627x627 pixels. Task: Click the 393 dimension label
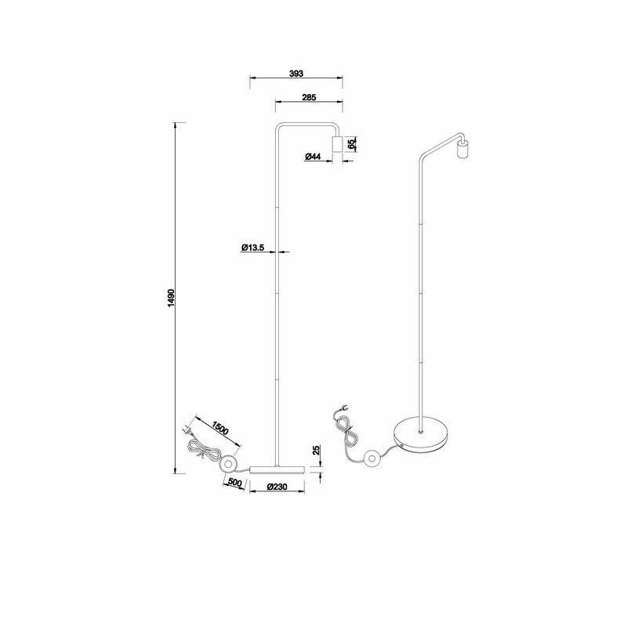tap(295, 73)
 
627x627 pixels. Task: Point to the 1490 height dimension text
tap(171, 299)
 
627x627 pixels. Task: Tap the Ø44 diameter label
tap(313, 157)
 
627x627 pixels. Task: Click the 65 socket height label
tap(353, 143)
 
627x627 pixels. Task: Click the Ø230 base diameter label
tap(277, 486)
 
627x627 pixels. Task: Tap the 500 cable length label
tap(234, 482)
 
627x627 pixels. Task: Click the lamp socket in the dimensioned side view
tap(338, 144)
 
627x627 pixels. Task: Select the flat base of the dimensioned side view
tap(277, 468)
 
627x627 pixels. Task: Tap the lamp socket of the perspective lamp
tap(462, 148)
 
